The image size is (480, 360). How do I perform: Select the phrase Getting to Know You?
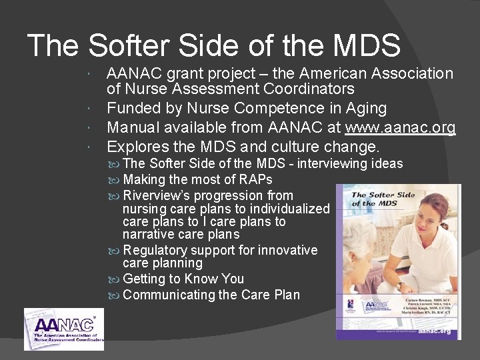[183, 279]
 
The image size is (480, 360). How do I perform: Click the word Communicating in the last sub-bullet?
[169, 295]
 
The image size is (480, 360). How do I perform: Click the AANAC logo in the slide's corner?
[63, 329]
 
